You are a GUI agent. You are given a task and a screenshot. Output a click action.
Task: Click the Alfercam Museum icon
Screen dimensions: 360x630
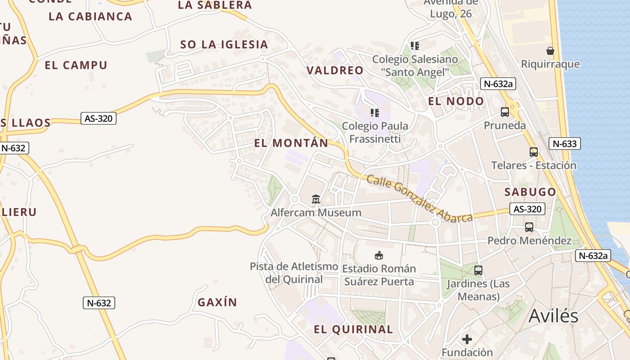click(316, 198)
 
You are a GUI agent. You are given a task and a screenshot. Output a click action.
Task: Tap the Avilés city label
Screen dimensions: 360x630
click(553, 316)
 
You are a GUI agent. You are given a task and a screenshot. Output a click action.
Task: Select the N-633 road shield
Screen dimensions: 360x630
click(564, 144)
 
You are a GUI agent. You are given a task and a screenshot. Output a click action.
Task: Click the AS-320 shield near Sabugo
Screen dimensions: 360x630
click(527, 209)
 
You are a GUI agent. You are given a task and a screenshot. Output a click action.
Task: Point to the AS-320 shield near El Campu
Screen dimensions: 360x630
click(99, 119)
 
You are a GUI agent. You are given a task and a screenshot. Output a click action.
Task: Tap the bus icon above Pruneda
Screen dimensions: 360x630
click(505, 112)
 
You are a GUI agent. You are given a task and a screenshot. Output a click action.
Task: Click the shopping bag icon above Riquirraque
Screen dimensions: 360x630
click(550, 50)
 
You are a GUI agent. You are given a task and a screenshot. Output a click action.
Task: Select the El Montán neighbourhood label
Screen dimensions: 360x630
click(291, 143)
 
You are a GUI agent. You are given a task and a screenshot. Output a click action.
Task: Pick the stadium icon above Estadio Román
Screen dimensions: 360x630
click(379, 255)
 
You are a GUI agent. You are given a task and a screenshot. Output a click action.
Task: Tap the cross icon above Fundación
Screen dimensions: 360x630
click(467, 338)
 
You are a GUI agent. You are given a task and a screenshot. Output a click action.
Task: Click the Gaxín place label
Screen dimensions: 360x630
click(217, 302)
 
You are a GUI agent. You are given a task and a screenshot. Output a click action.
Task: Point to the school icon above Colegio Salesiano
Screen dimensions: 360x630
click(415, 45)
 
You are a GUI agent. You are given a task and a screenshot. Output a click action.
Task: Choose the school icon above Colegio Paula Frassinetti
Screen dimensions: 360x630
click(374, 112)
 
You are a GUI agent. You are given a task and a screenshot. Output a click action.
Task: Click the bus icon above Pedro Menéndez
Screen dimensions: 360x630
click(529, 227)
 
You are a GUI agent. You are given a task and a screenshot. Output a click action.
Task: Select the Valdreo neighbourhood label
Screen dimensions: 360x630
click(335, 70)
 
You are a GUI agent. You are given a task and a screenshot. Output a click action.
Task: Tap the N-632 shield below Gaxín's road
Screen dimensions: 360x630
click(99, 303)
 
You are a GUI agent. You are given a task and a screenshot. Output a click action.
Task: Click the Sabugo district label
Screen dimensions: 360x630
click(530, 192)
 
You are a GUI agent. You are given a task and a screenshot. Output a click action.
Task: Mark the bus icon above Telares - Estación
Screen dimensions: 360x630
click(534, 152)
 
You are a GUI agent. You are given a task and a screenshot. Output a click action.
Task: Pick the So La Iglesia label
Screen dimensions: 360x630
click(224, 45)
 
